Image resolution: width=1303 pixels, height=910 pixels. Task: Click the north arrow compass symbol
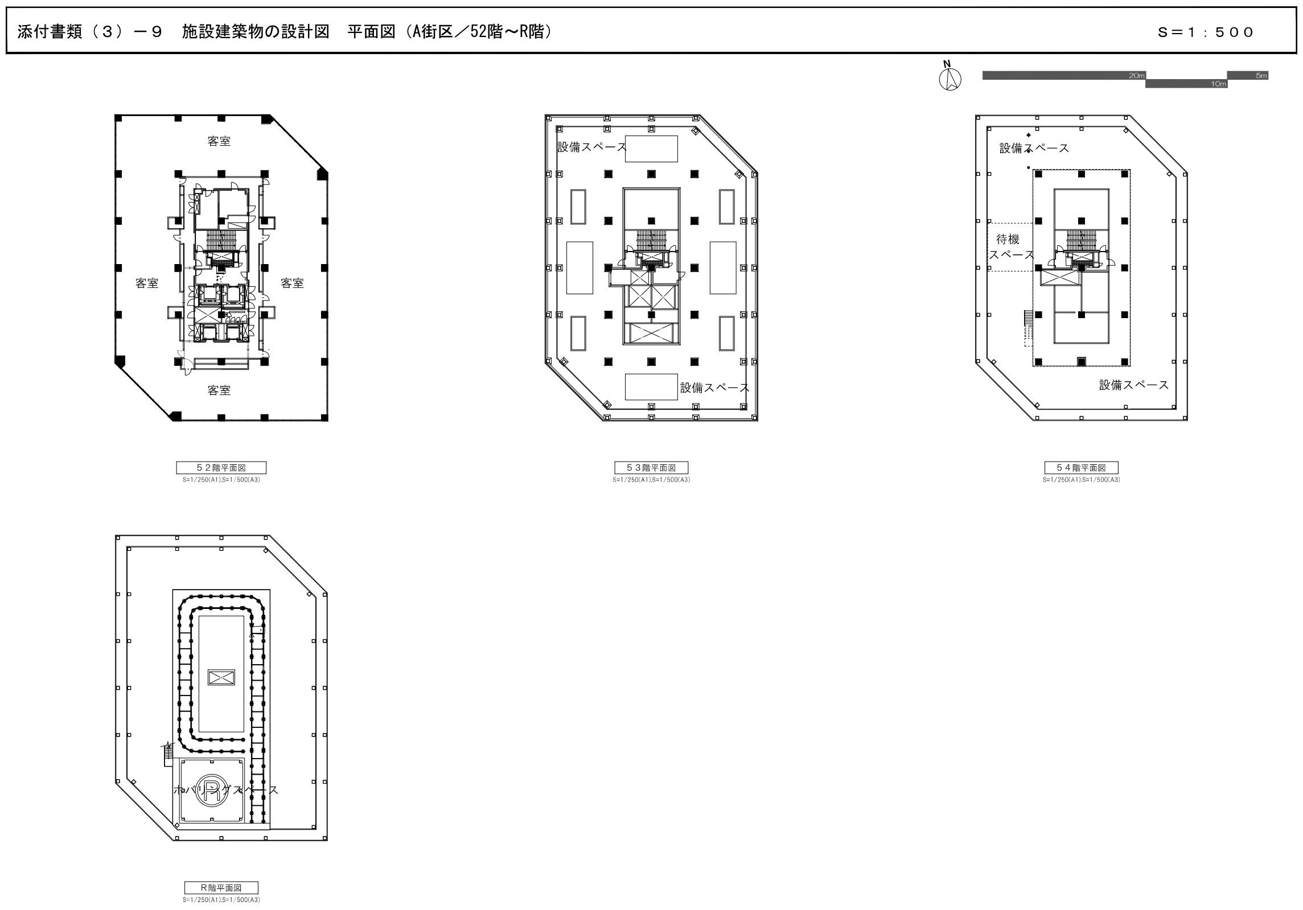pyautogui.click(x=949, y=79)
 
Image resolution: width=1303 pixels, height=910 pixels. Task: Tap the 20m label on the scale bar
pyautogui.click(x=1137, y=76)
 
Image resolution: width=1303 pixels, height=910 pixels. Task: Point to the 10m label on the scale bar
pyautogui.click(x=1219, y=84)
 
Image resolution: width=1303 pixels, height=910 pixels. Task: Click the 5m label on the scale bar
pyautogui.click(x=1261, y=76)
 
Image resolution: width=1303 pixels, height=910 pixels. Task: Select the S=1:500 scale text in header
pyautogui.click(x=1205, y=32)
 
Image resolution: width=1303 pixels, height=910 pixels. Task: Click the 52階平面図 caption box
pyautogui.click(x=221, y=468)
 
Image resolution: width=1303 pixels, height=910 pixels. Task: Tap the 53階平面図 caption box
pyautogui.click(x=651, y=468)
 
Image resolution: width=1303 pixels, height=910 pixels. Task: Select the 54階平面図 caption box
pyautogui.click(x=1081, y=468)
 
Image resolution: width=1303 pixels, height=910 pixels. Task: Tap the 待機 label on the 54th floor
pyautogui.click(x=1008, y=240)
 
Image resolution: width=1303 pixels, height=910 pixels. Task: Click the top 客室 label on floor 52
pyautogui.click(x=219, y=141)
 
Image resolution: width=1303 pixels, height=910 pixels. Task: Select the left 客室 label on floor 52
pyautogui.click(x=147, y=283)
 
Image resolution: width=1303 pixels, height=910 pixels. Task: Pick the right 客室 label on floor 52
pyautogui.click(x=292, y=283)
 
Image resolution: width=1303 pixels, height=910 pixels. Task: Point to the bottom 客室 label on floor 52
pyautogui.click(x=219, y=390)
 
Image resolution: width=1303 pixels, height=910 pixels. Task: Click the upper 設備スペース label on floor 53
pyautogui.click(x=591, y=147)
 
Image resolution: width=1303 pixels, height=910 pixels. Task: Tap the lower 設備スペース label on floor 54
pyautogui.click(x=1133, y=385)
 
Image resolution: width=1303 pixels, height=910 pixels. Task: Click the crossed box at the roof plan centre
pyautogui.click(x=221, y=677)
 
